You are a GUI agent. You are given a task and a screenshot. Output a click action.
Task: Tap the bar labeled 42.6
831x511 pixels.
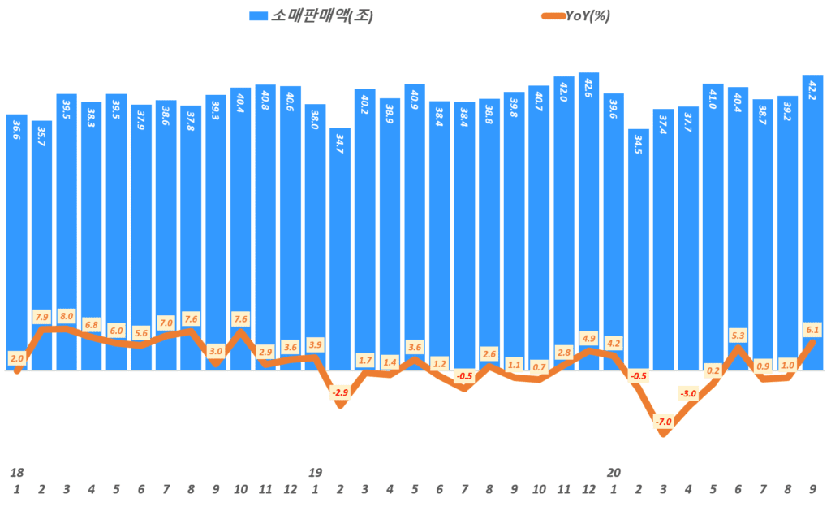click(588, 219)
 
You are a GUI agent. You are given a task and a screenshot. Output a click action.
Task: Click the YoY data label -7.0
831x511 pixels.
click(664, 422)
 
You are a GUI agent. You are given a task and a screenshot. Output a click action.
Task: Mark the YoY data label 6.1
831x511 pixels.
click(812, 329)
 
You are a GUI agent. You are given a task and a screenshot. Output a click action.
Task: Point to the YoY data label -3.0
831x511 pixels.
click(688, 394)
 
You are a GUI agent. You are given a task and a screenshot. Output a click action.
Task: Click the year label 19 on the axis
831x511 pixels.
click(316, 472)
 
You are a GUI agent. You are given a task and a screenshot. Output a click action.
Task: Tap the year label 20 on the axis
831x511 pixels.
click(614, 472)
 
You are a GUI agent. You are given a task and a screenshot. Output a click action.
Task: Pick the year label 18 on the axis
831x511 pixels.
click(16, 472)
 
